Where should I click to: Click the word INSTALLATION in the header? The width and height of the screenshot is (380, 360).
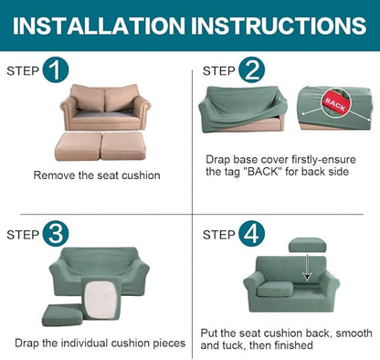tap(99, 26)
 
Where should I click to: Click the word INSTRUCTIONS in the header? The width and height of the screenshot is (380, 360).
tap(279, 26)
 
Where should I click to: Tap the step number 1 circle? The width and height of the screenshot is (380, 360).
tap(56, 69)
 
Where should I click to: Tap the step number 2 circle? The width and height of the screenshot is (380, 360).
tap(251, 69)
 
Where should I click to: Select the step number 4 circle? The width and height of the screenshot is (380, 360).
tap(251, 233)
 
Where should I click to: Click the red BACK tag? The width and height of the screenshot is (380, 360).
tap(335, 104)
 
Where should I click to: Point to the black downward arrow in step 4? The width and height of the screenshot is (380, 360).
tap(308, 268)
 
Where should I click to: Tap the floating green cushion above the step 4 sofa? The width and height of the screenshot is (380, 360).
tap(307, 245)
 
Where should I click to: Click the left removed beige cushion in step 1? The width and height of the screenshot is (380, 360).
tap(79, 146)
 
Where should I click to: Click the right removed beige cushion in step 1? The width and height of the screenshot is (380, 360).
tap(123, 145)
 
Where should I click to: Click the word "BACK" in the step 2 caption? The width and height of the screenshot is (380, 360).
tap(263, 172)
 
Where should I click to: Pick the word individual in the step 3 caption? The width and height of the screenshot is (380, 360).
tap(84, 344)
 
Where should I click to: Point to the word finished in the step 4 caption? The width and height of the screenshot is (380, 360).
tap(293, 345)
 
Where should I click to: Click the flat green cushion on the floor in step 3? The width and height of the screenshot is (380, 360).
tap(62, 315)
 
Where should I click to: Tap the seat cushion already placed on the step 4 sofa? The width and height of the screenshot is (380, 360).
tap(275, 289)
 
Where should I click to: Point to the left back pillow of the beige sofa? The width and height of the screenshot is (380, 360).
tap(89, 99)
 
